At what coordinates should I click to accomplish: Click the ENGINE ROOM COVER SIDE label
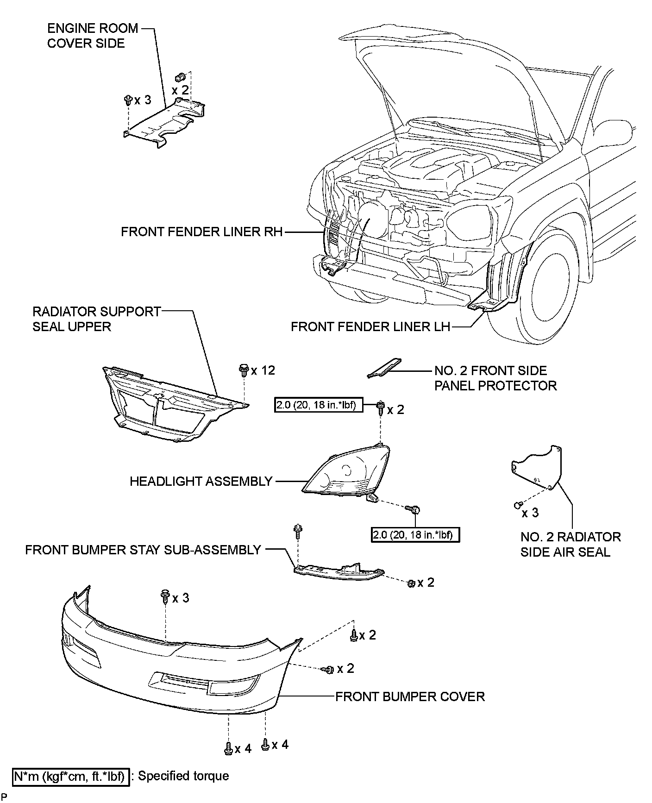click(x=93, y=36)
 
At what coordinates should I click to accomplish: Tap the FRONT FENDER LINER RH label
click(x=201, y=232)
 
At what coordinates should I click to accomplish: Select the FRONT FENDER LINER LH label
click(x=370, y=327)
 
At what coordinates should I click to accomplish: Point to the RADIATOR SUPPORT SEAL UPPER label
click(x=96, y=319)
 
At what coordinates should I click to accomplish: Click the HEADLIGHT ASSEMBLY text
click(x=201, y=481)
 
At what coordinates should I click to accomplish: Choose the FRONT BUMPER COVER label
click(x=410, y=696)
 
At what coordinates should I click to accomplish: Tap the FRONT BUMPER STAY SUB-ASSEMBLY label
click(x=143, y=550)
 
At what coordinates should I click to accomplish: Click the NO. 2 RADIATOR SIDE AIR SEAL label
click(x=570, y=544)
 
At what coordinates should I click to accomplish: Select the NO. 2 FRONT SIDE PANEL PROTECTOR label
click(x=495, y=378)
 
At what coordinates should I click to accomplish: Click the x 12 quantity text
click(x=263, y=370)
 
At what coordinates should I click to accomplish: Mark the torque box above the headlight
click(x=318, y=405)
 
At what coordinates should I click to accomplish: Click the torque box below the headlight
click(x=415, y=535)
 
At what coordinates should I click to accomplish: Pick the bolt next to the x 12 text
click(x=243, y=370)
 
